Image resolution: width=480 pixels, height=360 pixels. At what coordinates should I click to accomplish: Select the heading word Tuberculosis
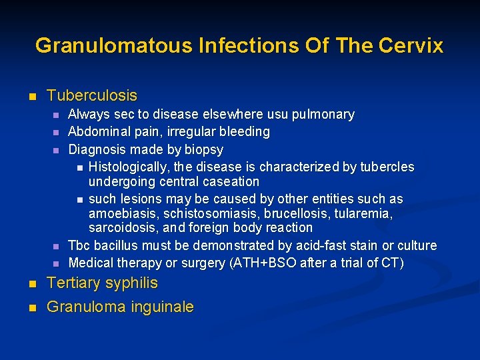click(92, 95)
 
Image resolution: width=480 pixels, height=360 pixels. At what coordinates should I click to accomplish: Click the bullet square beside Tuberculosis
click(31, 97)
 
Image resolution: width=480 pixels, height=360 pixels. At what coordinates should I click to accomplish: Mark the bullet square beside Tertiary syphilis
click(31, 284)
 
